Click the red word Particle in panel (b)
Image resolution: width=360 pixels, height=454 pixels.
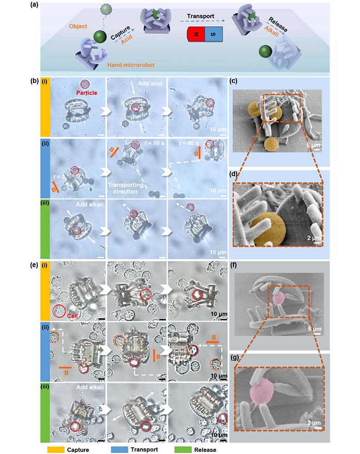point(87,94)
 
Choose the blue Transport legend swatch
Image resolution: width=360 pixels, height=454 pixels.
point(120,449)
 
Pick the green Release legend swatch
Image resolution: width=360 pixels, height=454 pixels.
point(188,449)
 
